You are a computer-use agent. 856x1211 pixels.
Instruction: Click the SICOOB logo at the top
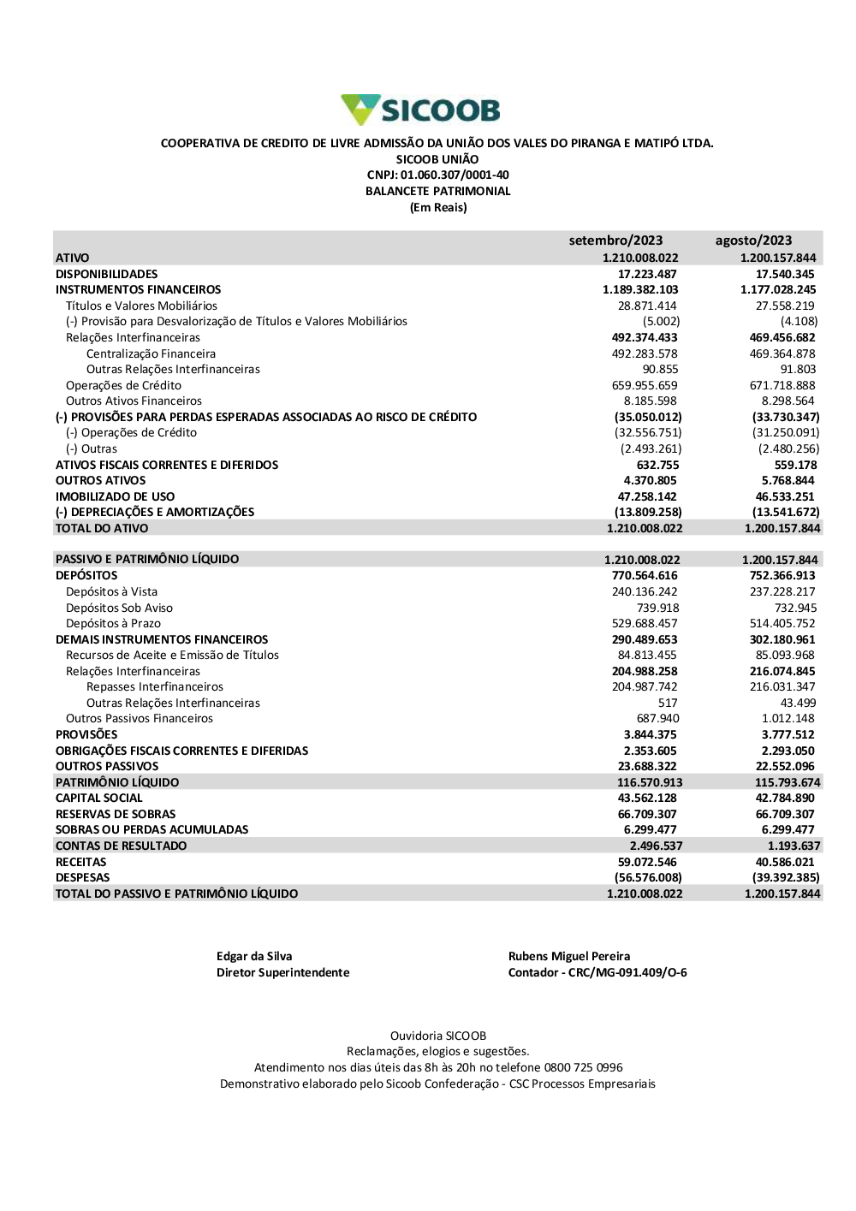point(420,110)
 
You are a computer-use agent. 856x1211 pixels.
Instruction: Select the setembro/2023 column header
point(615,240)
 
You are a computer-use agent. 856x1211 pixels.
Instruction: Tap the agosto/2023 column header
point(753,240)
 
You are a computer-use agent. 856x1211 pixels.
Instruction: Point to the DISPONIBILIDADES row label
point(106,274)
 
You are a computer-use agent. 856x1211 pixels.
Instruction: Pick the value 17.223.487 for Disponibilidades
point(647,274)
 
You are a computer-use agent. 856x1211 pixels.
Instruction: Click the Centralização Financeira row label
point(151,353)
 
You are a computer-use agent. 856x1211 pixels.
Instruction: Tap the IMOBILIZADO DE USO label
point(115,496)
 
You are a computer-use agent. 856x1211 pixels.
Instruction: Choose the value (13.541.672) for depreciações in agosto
point(785,512)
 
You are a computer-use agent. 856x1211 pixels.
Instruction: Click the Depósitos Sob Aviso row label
point(119,608)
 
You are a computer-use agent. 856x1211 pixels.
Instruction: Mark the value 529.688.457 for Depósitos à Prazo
point(645,623)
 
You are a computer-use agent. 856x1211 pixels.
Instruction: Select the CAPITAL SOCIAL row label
point(98,798)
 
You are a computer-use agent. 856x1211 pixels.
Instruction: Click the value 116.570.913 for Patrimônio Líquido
point(650,782)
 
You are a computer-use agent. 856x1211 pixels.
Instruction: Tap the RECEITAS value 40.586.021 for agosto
point(785,862)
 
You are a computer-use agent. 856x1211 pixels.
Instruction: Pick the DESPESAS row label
point(82,877)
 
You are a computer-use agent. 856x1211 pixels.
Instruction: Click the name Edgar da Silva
point(254,956)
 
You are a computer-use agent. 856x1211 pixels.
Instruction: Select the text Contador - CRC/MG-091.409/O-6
point(597,972)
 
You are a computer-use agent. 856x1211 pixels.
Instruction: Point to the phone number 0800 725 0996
point(584,1067)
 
